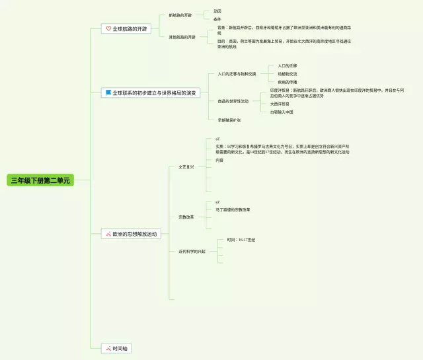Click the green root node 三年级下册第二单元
39,180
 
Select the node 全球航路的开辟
130,29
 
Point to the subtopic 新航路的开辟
180,15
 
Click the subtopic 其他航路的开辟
182,37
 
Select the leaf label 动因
217,11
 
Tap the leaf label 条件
217,19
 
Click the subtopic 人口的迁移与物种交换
237,74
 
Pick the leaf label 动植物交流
288,74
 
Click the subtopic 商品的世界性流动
233,101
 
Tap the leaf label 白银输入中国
282,112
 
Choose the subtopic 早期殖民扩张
229,120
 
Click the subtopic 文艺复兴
186,168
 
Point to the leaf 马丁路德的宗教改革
233,209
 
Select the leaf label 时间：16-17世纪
241,240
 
